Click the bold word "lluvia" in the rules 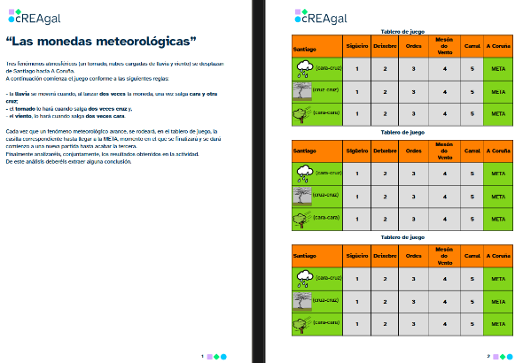[x=26, y=93]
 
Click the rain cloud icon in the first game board [x=304, y=68]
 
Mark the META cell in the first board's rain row [x=498, y=68]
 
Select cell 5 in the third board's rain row [x=472, y=278]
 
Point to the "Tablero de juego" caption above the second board [x=408, y=132]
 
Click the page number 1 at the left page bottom [x=202, y=356]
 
